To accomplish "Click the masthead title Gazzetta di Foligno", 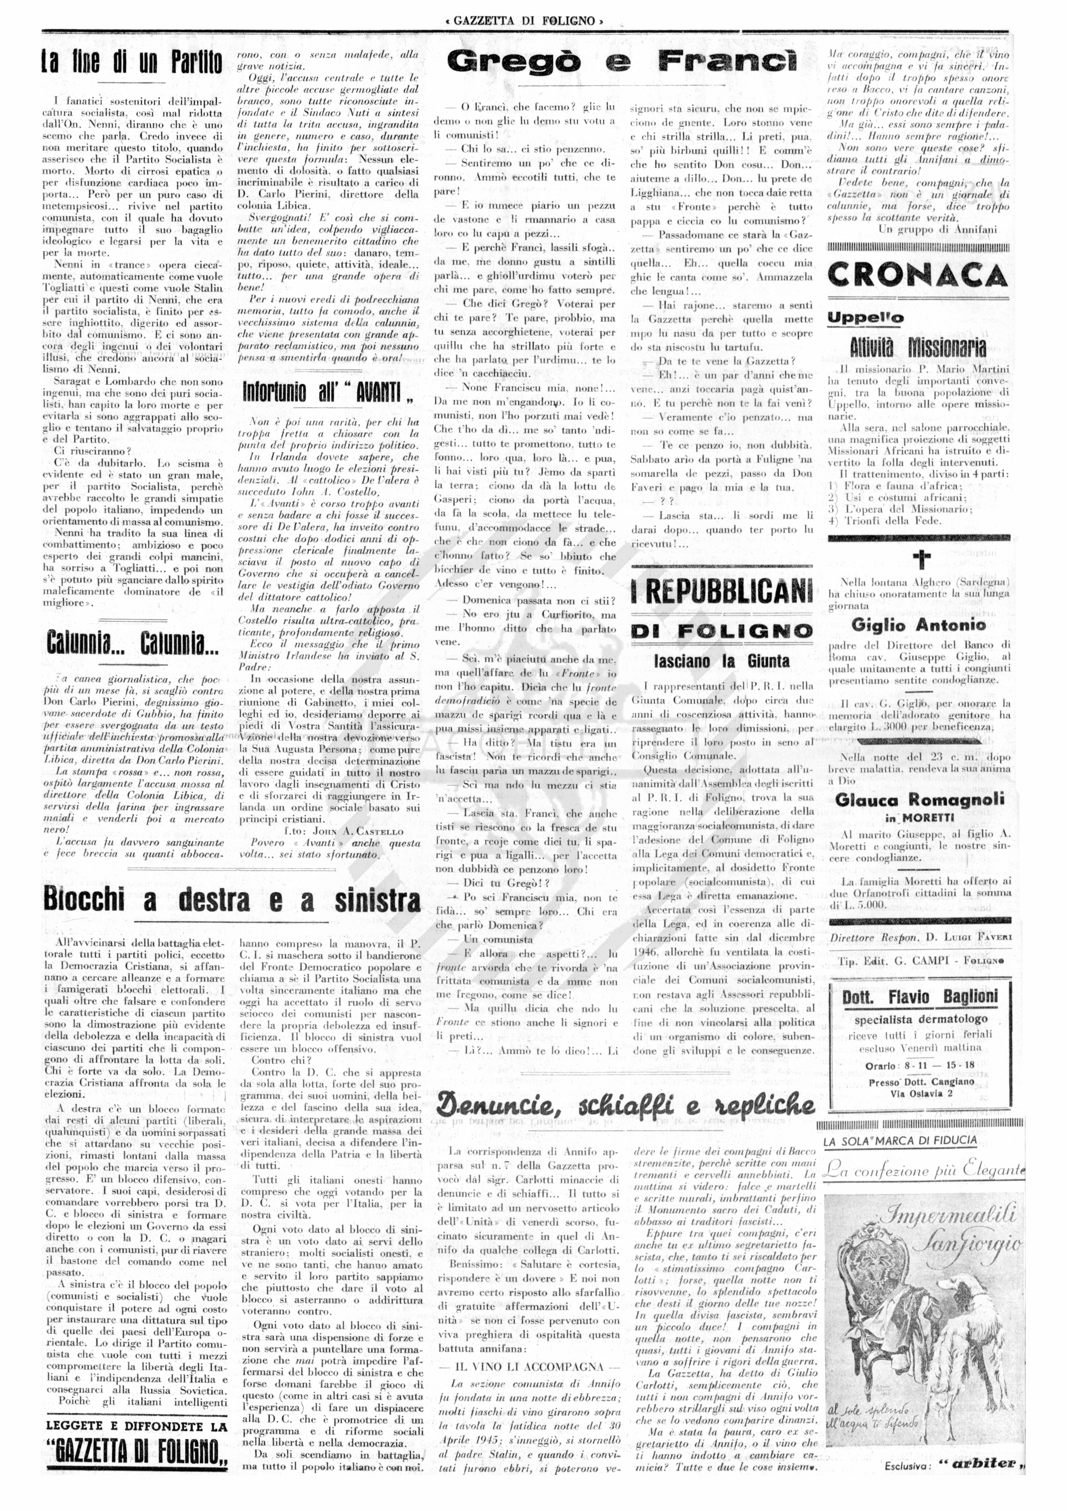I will tap(524, 21).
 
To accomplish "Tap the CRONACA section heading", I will tap(918, 275).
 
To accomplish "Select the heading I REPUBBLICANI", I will tap(722, 590).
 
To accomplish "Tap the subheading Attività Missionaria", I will tap(918, 347).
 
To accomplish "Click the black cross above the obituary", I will tap(921, 559).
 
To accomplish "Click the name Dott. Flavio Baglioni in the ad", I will tap(920, 997).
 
